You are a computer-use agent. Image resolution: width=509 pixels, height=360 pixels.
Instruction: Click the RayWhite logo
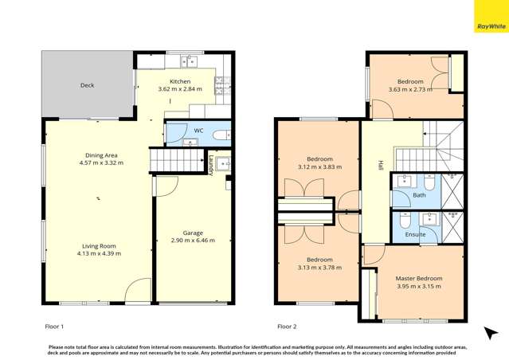pos(491,26)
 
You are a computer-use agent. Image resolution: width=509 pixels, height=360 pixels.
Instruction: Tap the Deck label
pos(88,85)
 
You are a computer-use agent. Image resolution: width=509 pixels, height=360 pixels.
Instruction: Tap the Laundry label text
pos(211,165)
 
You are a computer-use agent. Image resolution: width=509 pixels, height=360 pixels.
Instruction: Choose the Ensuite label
pos(415,234)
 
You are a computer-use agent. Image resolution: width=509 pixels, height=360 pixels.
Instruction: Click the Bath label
pos(419,194)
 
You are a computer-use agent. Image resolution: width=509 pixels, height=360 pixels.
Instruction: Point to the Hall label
pos(381,166)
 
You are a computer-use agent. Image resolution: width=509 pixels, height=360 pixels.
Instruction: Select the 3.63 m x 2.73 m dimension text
pos(410,89)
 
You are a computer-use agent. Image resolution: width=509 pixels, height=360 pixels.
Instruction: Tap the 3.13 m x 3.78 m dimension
pos(319,268)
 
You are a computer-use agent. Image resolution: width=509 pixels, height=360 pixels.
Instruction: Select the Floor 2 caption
pos(288,327)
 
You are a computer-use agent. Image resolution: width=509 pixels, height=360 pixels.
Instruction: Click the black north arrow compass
pos(491,333)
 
